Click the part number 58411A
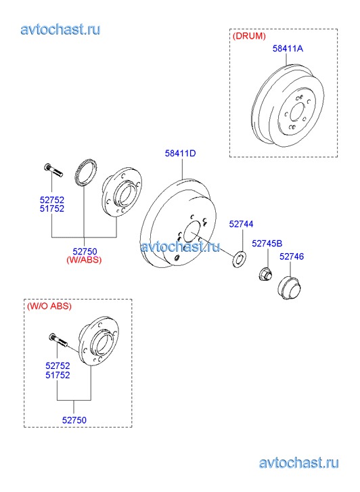288,48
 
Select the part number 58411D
181,153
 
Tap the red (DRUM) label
249,36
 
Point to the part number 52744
241,224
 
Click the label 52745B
267,243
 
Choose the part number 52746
292,256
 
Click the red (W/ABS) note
84,260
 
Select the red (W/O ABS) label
49,306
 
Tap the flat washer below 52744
239,259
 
